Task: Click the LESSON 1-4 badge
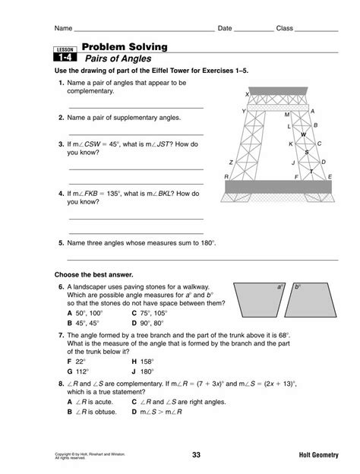point(65,54)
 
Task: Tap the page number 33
point(196,455)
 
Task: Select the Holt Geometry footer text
point(318,455)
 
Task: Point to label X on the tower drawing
point(247,94)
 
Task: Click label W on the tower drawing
point(304,134)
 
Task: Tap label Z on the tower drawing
point(231,163)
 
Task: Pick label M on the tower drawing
point(287,115)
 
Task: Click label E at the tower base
point(330,176)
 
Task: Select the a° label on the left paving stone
point(280,286)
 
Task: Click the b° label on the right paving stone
point(298,286)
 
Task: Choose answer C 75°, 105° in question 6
point(150,313)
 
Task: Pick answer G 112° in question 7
point(78,371)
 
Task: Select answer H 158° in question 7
point(143,362)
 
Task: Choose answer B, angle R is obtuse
point(92,412)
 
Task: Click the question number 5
point(62,243)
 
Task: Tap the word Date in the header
point(225,28)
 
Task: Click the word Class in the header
point(285,28)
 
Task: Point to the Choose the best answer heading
point(93,275)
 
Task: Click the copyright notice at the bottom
point(90,456)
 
